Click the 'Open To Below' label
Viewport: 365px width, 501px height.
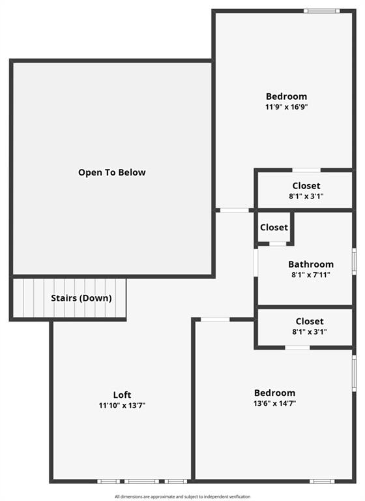point(111,172)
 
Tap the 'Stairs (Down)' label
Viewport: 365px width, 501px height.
point(81,298)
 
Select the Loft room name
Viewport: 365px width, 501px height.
point(122,395)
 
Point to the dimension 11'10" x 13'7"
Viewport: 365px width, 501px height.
point(122,406)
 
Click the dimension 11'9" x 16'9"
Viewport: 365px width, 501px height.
point(286,107)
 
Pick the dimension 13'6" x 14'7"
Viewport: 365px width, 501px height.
point(274,403)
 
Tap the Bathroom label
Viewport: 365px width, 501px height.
point(311,264)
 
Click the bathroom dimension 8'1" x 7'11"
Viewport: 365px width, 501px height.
point(311,275)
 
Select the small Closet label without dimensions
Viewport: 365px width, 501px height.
point(274,228)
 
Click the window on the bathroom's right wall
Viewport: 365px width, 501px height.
point(354,261)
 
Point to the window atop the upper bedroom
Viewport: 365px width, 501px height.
point(321,11)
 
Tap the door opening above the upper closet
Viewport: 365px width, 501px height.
point(306,170)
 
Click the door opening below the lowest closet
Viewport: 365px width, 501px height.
point(297,348)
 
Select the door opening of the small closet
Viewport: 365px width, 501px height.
point(278,244)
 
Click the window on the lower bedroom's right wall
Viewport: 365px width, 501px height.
point(354,373)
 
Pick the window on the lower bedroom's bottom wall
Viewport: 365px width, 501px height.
point(322,481)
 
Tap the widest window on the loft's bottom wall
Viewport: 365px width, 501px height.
point(141,481)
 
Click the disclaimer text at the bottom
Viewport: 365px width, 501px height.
point(182,496)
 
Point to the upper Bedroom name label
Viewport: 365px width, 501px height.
point(286,97)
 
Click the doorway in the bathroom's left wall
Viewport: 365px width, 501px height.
point(255,262)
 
